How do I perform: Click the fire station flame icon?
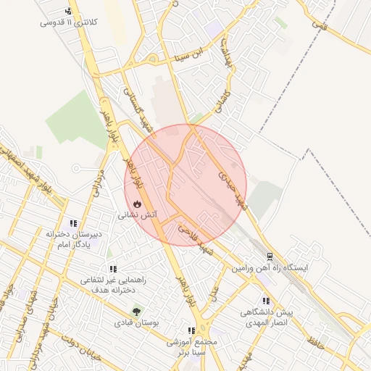(x=138, y=204)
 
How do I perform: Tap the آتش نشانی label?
(x=138, y=215)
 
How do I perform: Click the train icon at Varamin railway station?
(x=269, y=257)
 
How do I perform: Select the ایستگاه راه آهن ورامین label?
(x=270, y=267)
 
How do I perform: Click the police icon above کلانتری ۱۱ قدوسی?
(x=68, y=12)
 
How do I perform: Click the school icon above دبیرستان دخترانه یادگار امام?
(x=72, y=223)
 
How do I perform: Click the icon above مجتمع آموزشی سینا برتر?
(x=191, y=331)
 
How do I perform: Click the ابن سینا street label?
(x=194, y=54)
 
